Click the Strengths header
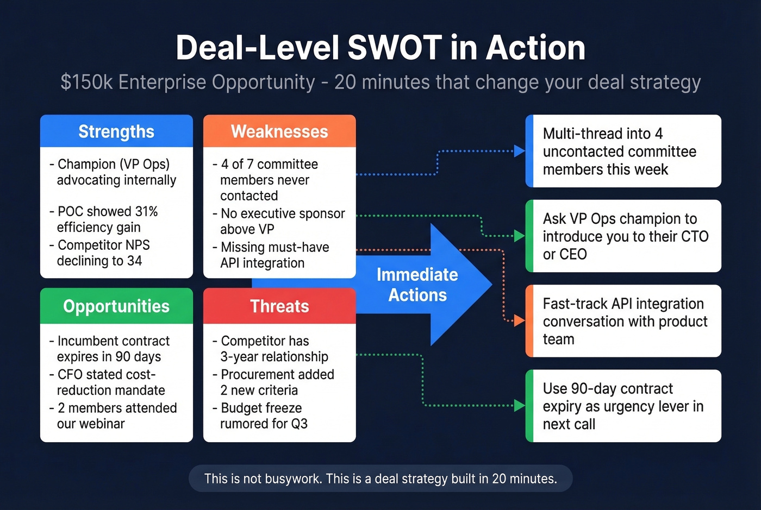116,131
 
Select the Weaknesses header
279,131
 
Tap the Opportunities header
116,306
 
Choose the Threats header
279,306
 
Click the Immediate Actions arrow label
417,285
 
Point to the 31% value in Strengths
146,211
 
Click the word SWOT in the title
394,48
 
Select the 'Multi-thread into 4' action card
623,151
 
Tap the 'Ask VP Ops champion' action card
623,236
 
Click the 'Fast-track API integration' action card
623,321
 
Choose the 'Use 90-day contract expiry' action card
623,406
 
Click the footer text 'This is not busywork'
380,478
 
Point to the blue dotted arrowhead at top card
519,151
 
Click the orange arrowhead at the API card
519,321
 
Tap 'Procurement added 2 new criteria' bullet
273,382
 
